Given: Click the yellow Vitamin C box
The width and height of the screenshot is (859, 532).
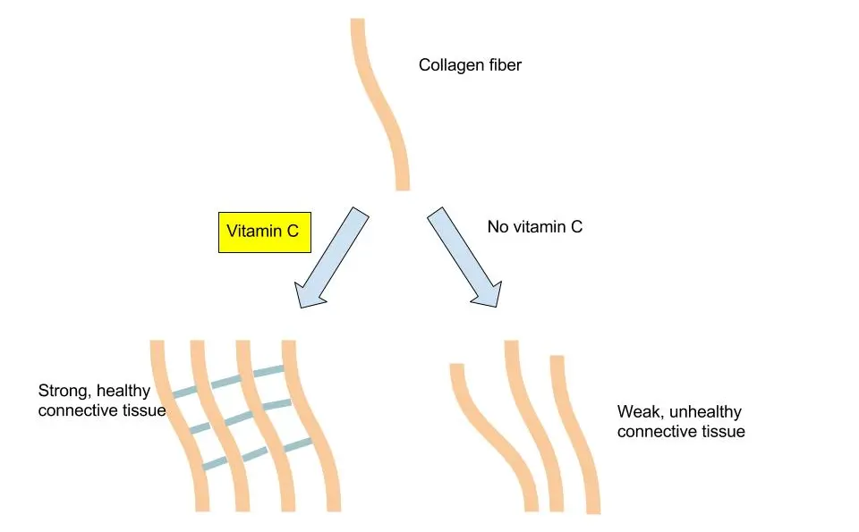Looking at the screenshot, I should [262, 231].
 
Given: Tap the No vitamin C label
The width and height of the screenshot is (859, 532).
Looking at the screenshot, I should [534, 227].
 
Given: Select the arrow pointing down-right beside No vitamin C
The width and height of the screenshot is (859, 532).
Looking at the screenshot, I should [463, 258].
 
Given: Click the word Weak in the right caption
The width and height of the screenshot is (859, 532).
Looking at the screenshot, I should [636, 412].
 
